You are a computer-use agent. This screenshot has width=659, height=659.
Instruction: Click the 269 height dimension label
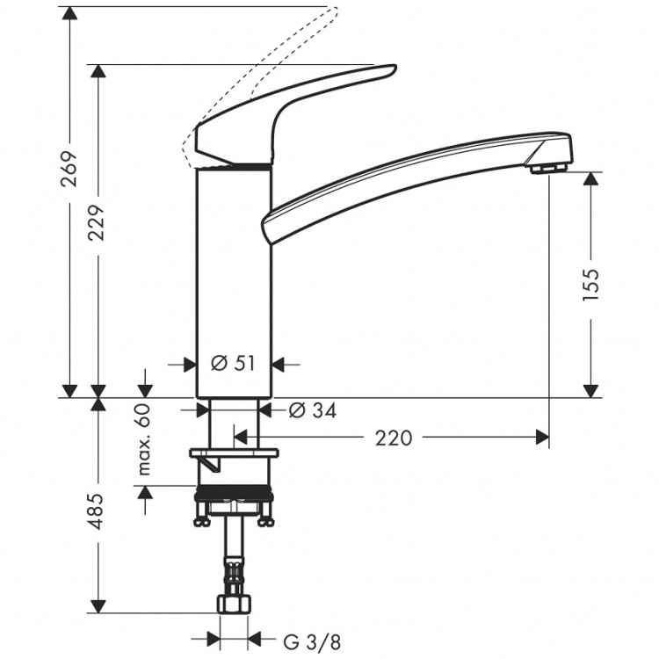click(x=69, y=169)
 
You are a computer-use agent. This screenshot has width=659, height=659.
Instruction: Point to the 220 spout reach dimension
click(x=393, y=437)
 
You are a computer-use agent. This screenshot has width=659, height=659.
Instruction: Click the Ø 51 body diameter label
click(x=233, y=363)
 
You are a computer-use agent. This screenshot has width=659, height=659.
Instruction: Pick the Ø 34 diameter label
click(x=312, y=410)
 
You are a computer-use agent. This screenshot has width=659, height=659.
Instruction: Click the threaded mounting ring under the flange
click(x=233, y=492)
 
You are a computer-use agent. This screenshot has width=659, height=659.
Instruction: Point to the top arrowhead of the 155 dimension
click(x=591, y=178)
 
